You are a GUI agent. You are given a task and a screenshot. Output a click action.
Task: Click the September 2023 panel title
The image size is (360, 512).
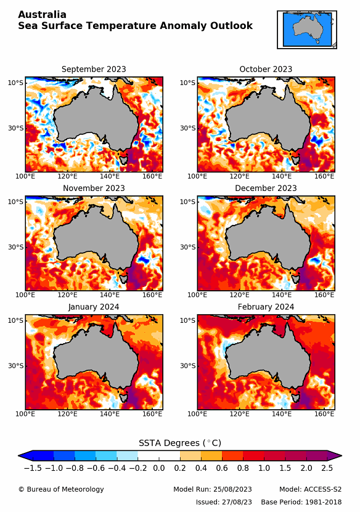tap(94, 69)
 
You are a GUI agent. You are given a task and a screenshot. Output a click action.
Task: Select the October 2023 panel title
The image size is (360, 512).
tap(266, 69)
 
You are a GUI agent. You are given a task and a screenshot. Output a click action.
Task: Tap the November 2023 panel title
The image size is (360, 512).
tap(94, 188)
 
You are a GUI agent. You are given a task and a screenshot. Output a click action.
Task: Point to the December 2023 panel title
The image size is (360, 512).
tap(266, 188)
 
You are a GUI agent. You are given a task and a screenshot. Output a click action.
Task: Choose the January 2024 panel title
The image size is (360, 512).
tap(94, 307)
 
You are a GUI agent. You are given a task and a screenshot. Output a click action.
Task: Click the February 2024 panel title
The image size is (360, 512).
tap(266, 307)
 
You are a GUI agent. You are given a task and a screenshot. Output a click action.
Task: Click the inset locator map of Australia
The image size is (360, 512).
tap(306, 29)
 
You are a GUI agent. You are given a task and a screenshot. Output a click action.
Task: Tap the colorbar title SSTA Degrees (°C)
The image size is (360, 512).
tap(179, 443)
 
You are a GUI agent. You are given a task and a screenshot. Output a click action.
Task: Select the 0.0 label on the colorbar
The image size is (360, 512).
tap(158, 468)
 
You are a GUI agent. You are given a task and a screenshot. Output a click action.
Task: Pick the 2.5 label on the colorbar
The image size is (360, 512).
tap(327, 468)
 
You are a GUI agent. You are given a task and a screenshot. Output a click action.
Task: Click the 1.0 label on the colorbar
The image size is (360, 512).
tap(264, 468)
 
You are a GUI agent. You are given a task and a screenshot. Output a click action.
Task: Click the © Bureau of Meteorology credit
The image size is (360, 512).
tap(61, 489)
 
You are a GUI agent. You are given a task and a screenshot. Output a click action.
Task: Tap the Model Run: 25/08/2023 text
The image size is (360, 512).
tap(212, 489)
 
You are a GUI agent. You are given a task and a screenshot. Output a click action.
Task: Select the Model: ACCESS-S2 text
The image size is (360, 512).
tap(310, 489)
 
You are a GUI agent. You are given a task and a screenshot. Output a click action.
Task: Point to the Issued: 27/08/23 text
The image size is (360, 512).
tap(224, 502)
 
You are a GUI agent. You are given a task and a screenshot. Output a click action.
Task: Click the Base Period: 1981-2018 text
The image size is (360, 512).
tap(301, 502)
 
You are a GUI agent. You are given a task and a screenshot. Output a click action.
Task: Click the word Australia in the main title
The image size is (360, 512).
tap(42, 14)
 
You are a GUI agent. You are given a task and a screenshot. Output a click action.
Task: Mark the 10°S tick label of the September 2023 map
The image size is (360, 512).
tap(15, 83)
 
